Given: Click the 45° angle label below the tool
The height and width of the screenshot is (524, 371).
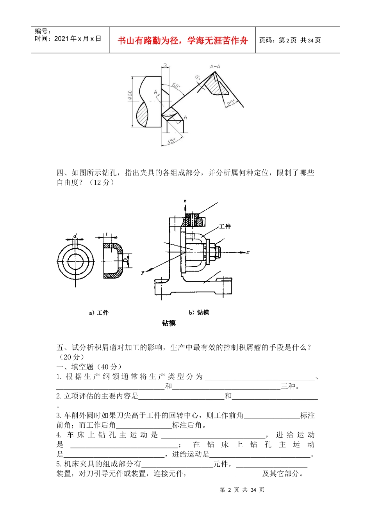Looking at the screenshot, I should click(171, 141).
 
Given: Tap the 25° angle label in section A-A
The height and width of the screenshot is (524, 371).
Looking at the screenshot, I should click(231, 103).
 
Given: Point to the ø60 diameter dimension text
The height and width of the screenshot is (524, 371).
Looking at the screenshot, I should click(130, 96).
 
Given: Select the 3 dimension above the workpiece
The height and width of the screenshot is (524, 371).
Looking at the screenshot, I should click(165, 65).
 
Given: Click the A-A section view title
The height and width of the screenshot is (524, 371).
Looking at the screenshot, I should click(215, 66).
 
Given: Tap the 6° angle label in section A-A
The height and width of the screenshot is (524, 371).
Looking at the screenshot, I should click(198, 78).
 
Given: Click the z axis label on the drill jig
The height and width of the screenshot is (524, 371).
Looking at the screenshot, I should click(185, 201).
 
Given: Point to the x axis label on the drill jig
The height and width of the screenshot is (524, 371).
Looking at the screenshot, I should click(248, 252).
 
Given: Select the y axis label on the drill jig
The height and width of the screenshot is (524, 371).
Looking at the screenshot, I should click(143, 273).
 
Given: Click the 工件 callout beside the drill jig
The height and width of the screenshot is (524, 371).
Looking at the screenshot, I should click(225, 226).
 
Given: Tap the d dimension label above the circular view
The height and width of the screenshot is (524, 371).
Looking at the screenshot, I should click(75, 236).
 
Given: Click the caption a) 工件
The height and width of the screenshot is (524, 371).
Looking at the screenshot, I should click(99, 313).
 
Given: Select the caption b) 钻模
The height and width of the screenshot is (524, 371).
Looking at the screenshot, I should click(199, 312).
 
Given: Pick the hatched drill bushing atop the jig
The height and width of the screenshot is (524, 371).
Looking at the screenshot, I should click(194, 221).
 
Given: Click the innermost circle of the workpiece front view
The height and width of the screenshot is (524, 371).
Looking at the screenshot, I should click(75, 262).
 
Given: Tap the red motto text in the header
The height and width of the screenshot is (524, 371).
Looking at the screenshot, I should click(183, 41).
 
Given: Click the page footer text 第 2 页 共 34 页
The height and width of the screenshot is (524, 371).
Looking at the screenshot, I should click(242, 490).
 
